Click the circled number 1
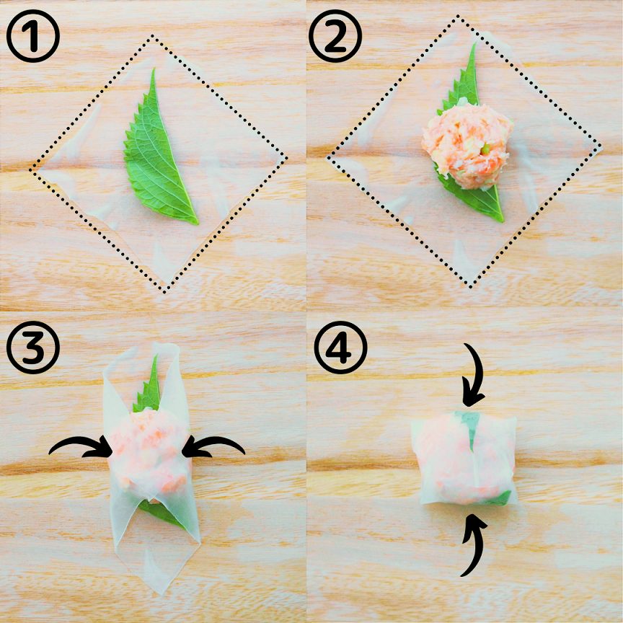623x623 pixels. (x=33, y=36)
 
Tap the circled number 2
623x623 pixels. (x=335, y=36)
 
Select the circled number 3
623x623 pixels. (x=33, y=348)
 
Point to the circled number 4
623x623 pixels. (x=340, y=348)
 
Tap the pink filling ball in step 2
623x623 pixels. (x=467, y=146)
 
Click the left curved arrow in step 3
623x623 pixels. (x=81, y=447)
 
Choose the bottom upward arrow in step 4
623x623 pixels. (x=474, y=544)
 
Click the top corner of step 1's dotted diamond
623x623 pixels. (x=153, y=37)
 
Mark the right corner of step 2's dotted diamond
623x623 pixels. (x=600, y=148)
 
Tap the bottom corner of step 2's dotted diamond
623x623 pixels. (x=470, y=286)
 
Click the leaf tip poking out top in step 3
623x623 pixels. (x=156, y=355)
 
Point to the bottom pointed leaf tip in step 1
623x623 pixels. (x=197, y=224)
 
